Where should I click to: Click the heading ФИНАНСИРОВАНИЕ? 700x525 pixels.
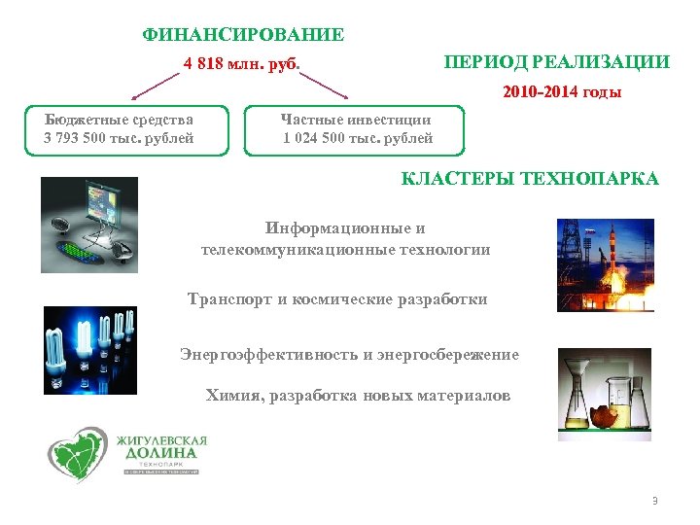coord(243,36)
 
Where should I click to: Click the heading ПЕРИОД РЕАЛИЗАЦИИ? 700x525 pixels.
coord(556,62)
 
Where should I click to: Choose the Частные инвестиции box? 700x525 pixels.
coord(357,128)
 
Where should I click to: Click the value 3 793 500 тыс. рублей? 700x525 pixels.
coord(119,138)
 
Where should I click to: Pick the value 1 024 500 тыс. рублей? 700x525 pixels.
coord(358,138)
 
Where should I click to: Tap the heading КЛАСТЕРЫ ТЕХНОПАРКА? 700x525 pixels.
coord(530,179)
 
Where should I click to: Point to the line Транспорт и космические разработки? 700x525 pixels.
coord(337,299)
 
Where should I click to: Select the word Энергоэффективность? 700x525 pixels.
coord(268,355)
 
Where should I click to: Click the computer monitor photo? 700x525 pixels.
coord(90,224)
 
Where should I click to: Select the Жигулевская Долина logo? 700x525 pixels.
coord(127,453)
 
